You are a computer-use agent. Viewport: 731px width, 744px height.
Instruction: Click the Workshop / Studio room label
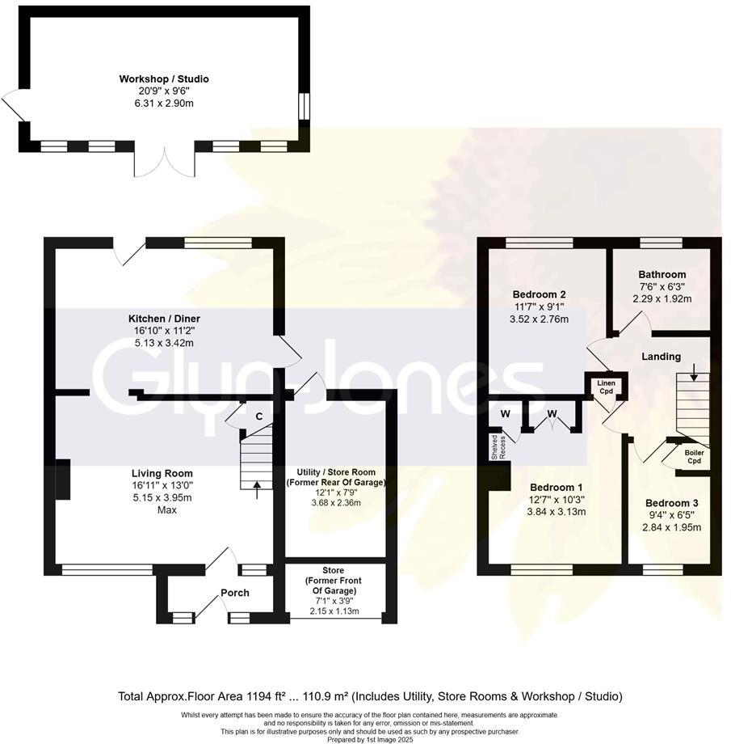[x=164, y=78]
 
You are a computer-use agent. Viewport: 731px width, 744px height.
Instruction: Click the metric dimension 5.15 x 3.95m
[x=164, y=497]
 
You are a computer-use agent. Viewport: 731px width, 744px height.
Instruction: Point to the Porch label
[x=235, y=593]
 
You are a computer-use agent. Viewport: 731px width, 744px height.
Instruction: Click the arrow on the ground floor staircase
[x=257, y=485]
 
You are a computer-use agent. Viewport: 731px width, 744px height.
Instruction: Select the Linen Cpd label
[x=606, y=387]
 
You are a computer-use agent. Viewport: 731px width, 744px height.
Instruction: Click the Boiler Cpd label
[x=694, y=457]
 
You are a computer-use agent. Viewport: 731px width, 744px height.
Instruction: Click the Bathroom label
[x=662, y=274]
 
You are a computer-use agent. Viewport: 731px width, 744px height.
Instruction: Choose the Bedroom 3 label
[x=671, y=503]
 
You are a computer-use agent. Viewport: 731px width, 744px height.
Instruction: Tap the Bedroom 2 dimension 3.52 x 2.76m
[x=539, y=319]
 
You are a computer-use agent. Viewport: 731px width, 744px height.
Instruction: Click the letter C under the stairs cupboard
[x=258, y=416]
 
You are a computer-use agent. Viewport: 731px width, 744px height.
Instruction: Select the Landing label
[x=661, y=357]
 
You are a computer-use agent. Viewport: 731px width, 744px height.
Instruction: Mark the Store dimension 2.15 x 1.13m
[x=333, y=612]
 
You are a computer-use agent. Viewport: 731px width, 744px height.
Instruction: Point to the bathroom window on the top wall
[x=661, y=242]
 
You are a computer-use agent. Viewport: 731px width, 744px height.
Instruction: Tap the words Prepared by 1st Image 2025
[x=366, y=739]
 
